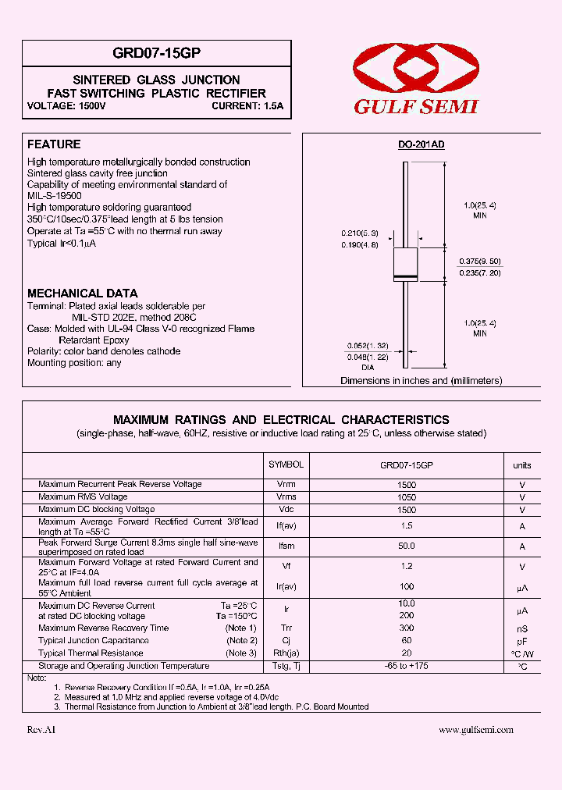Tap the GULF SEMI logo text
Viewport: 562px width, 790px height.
[x=415, y=107]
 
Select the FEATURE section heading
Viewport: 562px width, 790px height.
[x=54, y=144]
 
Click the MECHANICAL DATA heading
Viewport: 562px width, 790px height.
[x=83, y=294]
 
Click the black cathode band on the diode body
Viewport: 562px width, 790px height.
[x=405, y=278]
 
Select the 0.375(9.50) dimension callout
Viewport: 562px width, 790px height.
[x=479, y=262]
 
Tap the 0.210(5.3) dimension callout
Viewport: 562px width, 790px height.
[x=360, y=233]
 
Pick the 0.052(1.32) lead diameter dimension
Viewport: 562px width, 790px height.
[x=366, y=344]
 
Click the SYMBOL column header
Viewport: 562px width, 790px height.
[x=286, y=464]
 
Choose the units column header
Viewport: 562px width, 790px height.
[x=522, y=465]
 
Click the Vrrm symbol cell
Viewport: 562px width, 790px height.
[x=286, y=485]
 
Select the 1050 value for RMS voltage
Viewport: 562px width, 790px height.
[x=406, y=497]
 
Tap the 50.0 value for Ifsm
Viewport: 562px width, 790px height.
[x=406, y=546]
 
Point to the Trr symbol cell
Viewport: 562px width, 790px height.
[x=286, y=628]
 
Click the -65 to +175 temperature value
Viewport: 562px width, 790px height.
[x=406, y=666]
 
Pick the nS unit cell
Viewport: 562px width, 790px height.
[x=522, y=628]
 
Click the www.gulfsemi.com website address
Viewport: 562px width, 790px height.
[x=476, y=730]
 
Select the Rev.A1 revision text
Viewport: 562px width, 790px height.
[x=41, y=730]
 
